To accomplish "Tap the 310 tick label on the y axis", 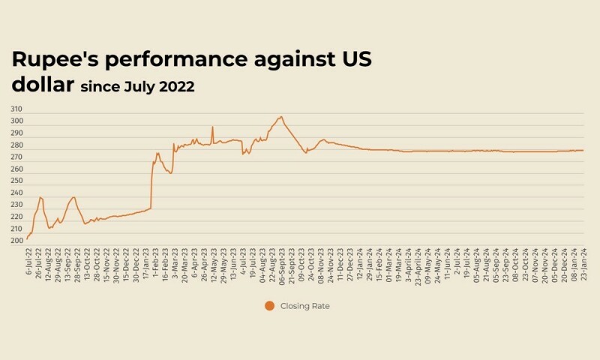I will click(x=16, y=109).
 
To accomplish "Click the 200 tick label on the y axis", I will click(x=16, y=241).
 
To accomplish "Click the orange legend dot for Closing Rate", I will click(x=269, y=305).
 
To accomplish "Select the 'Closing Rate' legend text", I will click(x=305, y=306).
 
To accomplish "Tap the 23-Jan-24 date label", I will click(x=583, y=263).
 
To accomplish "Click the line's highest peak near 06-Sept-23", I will click(x=281, y=116).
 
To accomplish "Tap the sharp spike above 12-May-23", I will click(x=213, y=127).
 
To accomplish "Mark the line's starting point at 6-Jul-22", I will click(x=27, y=239).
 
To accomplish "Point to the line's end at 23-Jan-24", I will click(x=583, y=151).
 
